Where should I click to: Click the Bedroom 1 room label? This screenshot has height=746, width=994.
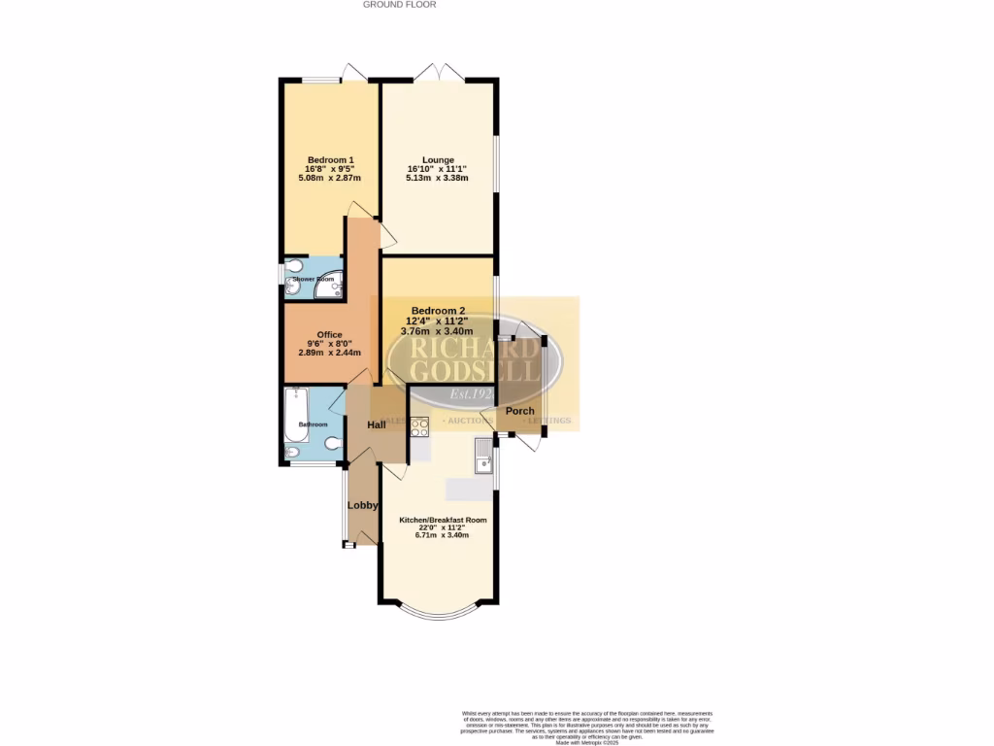[330, 160]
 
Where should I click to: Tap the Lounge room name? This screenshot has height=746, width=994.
[438, 160]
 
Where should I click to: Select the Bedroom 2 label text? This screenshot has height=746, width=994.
[438, 311]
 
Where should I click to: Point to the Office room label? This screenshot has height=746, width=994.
[330, 334]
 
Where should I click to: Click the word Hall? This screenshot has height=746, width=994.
[377, 424]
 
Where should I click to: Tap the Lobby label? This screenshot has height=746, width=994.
[363, 505]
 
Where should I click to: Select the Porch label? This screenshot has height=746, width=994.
[520, 411]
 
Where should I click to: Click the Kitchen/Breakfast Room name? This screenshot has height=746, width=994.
[443, 520]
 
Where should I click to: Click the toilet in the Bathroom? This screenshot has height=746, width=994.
[332, 444]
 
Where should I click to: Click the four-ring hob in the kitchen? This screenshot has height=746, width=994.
[419, 426]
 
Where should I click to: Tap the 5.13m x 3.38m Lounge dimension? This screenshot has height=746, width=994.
[438, 179]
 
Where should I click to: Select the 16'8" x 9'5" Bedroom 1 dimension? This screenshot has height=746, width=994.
[330, 169]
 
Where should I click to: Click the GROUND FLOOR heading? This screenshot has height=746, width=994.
[400, 5]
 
